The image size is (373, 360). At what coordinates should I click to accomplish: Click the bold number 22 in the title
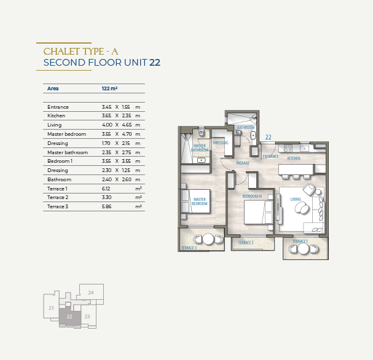click(x=155, y=63)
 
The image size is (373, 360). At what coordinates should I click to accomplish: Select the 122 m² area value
click(x=109, y=88)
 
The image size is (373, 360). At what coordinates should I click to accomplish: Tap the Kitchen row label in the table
click(x=56, y=115)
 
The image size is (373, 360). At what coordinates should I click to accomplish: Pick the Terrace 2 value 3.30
click(x=106, y=197)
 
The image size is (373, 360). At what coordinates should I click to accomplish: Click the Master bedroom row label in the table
click(x=66, y=134)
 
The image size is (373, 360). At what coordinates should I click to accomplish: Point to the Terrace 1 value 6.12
click(x=106, y=189)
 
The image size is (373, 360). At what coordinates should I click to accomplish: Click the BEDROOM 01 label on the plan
click(x=252, y=196)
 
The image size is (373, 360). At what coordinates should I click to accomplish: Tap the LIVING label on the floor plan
click(x=296, y=199)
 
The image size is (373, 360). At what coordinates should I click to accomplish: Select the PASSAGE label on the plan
click(x=243, y=163)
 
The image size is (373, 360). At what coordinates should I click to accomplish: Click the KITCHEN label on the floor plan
click(x=294, y=158)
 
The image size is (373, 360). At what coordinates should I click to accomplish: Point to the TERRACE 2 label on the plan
click(x=246, y=243)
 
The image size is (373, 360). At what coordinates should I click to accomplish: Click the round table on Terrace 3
click(x=208, y=239)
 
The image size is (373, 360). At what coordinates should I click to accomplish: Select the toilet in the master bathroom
click(x=202, y=132)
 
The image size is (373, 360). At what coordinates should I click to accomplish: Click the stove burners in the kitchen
click(x=288, y=148)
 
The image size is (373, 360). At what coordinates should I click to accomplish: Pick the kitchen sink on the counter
click(x=304, y=149)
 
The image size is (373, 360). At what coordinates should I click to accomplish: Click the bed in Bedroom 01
click(x=258, y=212)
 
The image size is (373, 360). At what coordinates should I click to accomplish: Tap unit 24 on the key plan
click(x=91, y=292)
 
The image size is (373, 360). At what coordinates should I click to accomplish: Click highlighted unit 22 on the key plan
click(x=69, y=316)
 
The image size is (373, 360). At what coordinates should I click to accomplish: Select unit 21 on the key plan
click(x=51, y=308)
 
